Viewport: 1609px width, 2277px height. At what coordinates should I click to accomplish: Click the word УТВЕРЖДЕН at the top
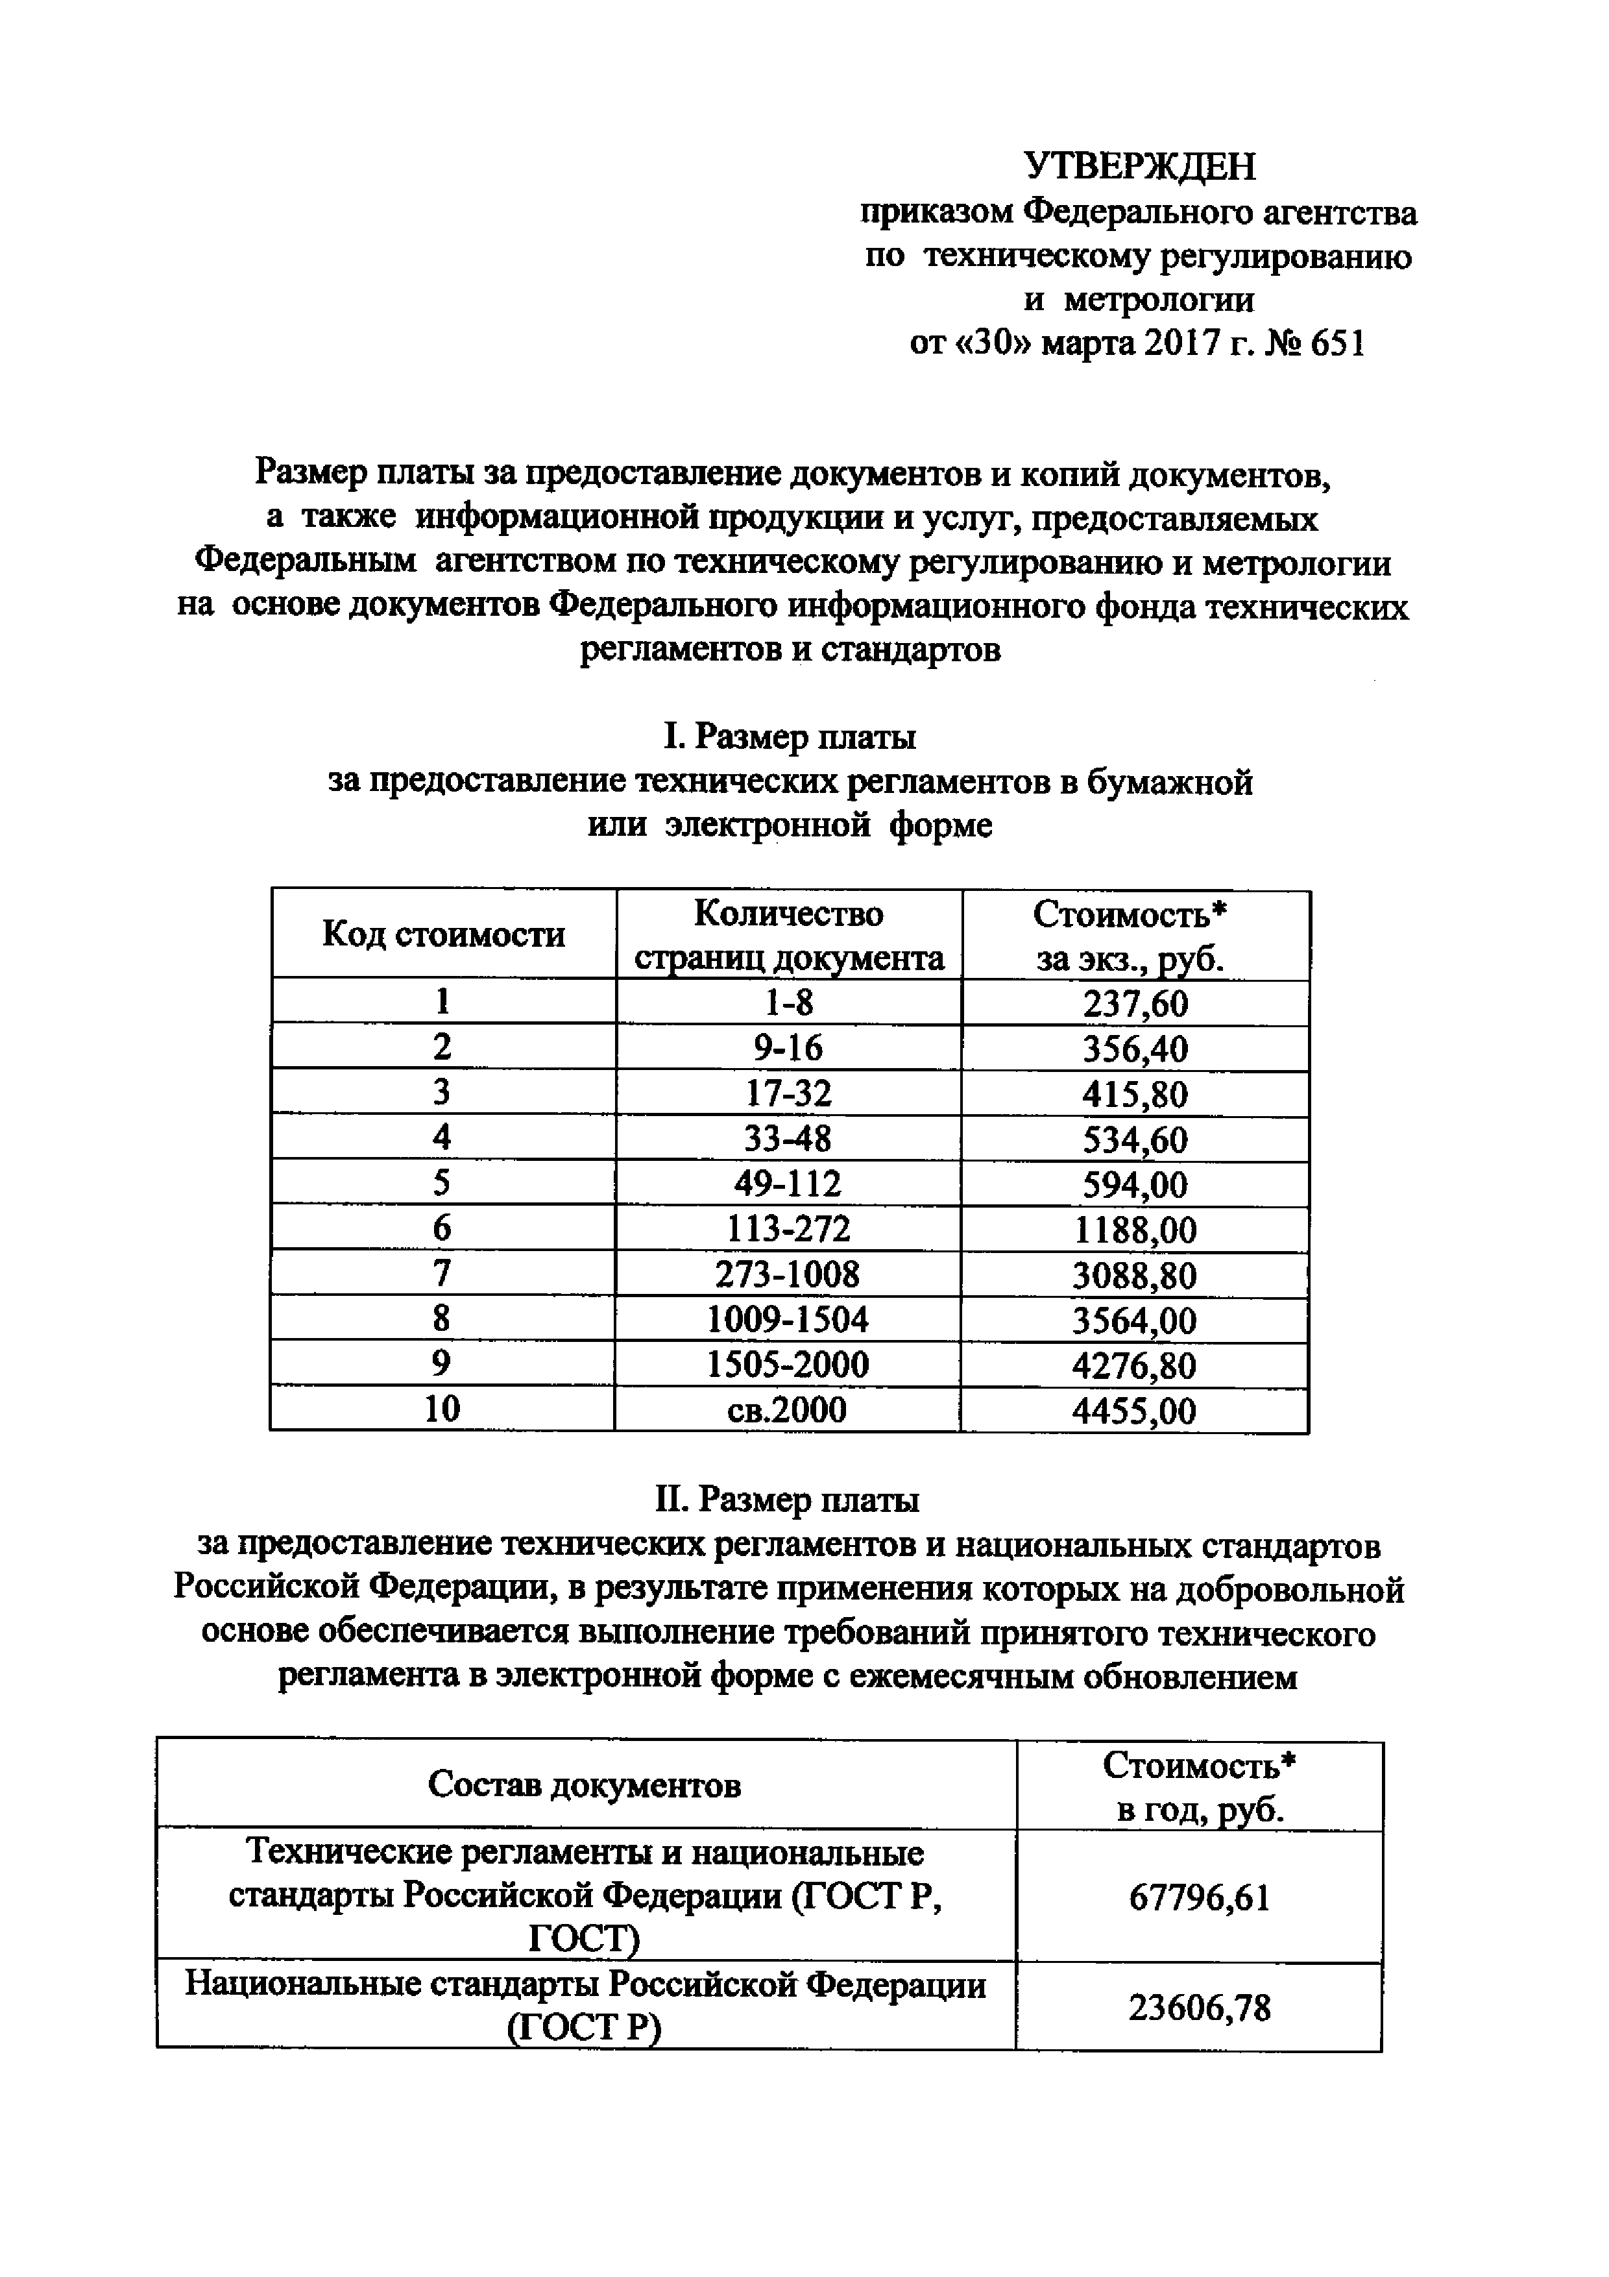click(1139, 167)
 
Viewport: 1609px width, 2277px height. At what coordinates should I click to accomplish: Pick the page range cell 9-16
click(788, 1048)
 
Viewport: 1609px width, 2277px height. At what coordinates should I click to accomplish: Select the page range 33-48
click(788, 1138)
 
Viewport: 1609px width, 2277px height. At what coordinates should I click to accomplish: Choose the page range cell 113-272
click(788, 1229)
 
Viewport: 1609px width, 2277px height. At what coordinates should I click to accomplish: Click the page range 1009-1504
click(788, 1319)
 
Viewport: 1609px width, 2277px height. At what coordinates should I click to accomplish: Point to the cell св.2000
click(788, 1409)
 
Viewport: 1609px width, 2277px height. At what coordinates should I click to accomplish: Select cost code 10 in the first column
click(442, 1409)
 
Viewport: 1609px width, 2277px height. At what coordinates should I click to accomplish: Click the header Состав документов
click(585, 1785)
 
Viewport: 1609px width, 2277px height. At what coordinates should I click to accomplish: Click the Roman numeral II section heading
click(788, 1500)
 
